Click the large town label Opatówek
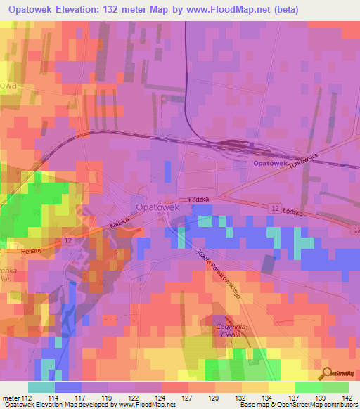[x=158, y=207]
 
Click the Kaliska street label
[x=102, y=225]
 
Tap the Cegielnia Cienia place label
[x=227, y=329]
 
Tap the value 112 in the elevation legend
[x=24, y=397]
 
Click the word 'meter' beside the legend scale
[x=9, y=397]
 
